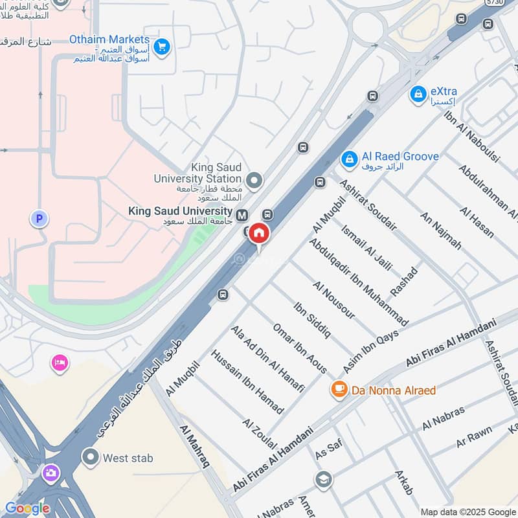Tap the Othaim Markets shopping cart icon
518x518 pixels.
point(162,46)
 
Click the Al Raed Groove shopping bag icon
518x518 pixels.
point(349,159)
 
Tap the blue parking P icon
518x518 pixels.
point(39,220)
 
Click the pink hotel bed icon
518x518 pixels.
point(60,363)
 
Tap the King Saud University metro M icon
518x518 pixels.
point(242,215)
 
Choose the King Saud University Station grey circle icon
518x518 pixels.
point(254,179)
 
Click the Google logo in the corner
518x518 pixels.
point(27,508)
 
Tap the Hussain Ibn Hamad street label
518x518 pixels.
point(247,382)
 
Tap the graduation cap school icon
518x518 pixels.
point(324,480)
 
